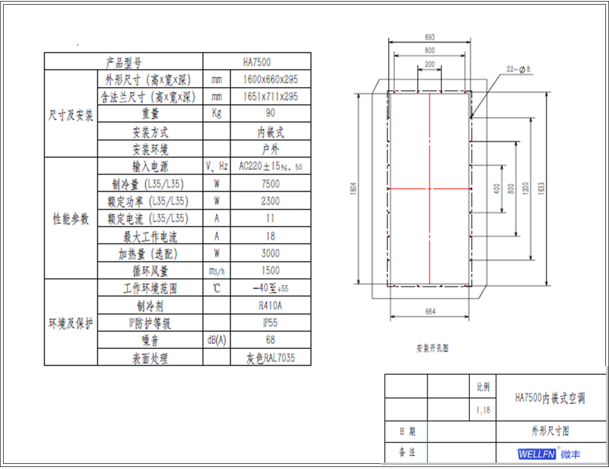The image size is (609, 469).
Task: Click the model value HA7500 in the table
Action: pos(257,62)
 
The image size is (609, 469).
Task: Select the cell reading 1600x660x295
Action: pos(270,80)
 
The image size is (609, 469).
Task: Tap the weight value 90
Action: pos(270,113)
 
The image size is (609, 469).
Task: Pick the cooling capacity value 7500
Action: pos(270,184)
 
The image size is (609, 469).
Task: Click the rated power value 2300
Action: pos(270,201)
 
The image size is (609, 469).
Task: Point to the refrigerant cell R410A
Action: pos(270,305)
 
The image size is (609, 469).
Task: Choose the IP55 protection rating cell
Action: pos(270,323)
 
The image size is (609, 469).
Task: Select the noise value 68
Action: pos(270,340)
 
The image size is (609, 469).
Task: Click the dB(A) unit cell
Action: pos(216,340)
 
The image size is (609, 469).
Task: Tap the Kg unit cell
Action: pos(216,113)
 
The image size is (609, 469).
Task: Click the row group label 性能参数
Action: pos(71,219)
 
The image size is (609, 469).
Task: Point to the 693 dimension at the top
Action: pos(430,37)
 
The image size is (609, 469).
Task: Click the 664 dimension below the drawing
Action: pos(430,311)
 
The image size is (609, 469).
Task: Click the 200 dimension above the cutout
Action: pos(430,64)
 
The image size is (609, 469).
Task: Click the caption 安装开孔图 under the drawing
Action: pos(432,348)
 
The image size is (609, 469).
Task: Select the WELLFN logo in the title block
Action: pos(536,454)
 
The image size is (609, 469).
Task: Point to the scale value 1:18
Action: pos(483,410)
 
